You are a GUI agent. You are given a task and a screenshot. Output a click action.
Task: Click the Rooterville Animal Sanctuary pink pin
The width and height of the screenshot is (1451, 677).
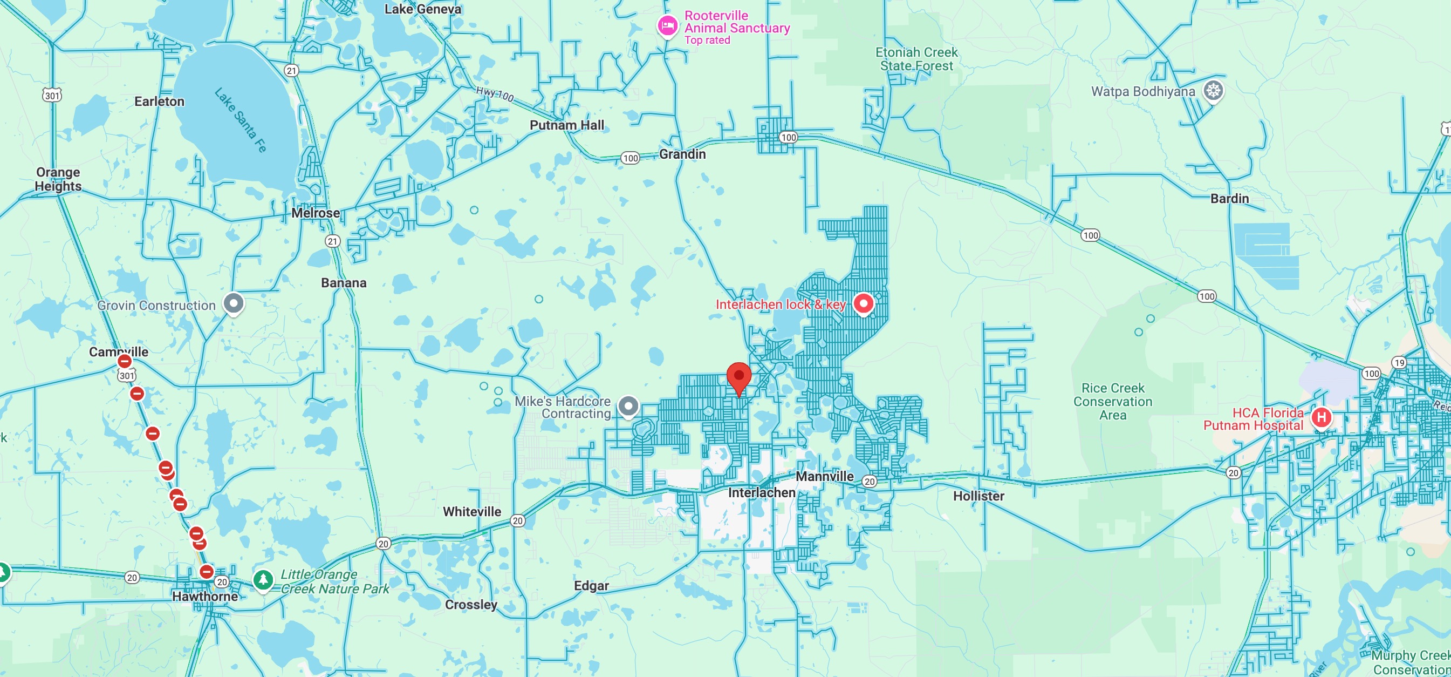[667, 25]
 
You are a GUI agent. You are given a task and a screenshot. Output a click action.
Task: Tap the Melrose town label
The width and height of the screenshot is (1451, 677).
[316, 213]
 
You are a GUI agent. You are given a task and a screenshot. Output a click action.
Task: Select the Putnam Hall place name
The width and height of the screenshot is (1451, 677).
[567, 125]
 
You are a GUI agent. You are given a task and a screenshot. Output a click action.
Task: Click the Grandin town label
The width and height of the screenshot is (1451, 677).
[682, 154]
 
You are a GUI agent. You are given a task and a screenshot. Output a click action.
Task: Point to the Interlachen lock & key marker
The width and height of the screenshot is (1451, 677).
[863, 303]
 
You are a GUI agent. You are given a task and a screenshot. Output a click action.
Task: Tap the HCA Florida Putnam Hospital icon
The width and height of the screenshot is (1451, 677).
[1321, 418]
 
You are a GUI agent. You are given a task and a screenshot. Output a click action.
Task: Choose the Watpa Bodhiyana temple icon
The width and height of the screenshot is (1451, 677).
[1213, 90]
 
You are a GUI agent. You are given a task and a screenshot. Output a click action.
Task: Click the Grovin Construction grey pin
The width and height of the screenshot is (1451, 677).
[233, 303]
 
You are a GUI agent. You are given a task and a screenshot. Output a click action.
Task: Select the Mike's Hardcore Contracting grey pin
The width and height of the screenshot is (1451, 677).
[628, 406]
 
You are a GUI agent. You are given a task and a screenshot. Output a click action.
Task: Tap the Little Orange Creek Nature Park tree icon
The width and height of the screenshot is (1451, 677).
[263, 579]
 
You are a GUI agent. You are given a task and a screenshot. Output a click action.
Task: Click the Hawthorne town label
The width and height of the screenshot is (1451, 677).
[205, 596]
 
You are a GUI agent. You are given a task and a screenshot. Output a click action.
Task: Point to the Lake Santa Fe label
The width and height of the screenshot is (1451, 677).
[241, 120]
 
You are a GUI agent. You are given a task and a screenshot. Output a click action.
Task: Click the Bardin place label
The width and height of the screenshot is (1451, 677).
[1230, 199]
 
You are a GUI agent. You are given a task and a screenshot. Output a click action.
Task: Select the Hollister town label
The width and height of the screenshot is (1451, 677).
[978, 496]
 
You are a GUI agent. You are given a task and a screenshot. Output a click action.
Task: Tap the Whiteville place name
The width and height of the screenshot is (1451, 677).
[471, 511]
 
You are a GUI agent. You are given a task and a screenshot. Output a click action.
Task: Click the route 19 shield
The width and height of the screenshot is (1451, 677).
[1399, 362]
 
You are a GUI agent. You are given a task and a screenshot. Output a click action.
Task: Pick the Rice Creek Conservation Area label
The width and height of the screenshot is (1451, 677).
[1112, 401]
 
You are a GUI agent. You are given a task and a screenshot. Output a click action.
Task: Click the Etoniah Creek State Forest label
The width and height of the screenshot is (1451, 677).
[916, 59]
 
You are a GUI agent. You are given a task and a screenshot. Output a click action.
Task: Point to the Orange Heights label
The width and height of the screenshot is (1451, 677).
[58, 179]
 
